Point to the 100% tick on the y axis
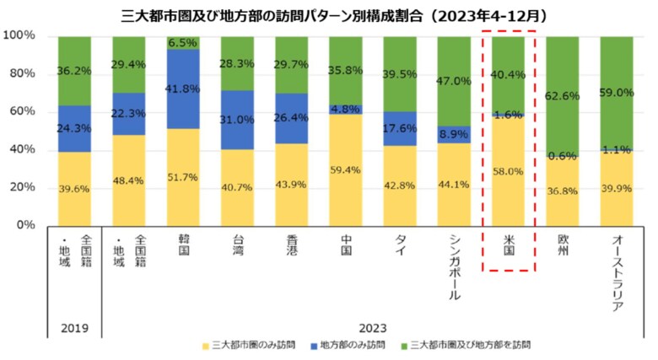[x=19, y=35]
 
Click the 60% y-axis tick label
[x=21, y=111]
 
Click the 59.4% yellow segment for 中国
[x=346, y=169]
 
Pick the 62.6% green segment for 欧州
[x=563, y=96]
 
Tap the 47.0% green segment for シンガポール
[x=455, y=81]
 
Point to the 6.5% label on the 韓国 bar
[x=183, y=42]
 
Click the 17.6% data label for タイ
[x=400, y=129]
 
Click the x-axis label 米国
[x=509, y=244]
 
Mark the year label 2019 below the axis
[x=74, y=328]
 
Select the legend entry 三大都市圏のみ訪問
[x=253, y=346]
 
